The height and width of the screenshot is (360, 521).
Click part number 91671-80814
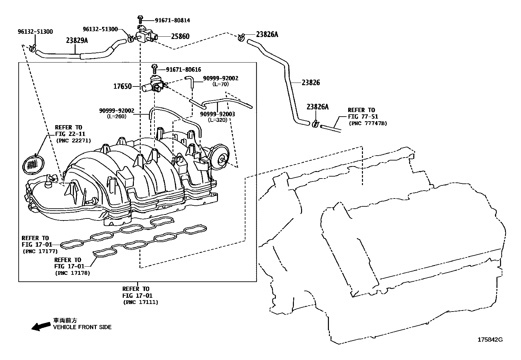[x=172, y=20]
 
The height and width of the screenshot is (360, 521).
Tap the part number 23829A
[x=77, y=41]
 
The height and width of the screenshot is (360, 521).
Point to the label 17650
[x=122, y=86]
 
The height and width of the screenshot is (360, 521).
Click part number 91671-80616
[x=183, y=69]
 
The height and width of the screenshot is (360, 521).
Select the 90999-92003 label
[x=217, y=114]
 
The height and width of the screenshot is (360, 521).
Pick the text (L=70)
[x=220, y=84]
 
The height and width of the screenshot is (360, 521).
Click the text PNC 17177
[x=40, y=251]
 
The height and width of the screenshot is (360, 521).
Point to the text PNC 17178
[x=72, y=273]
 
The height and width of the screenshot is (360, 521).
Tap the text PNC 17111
[x=140, y=302]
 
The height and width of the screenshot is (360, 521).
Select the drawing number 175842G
[x=490, y=340]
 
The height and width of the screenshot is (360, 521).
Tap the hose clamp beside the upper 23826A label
[x=242, y=37]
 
